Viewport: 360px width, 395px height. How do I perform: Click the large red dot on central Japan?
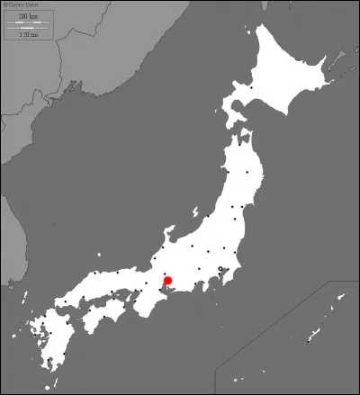point(167,282)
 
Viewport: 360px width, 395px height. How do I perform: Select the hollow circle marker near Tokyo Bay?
point(221,269)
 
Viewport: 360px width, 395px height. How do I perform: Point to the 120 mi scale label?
point(27,34)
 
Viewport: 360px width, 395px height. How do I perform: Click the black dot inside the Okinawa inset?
point(309,340)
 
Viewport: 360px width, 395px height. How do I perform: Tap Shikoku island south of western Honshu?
point(108,310)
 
